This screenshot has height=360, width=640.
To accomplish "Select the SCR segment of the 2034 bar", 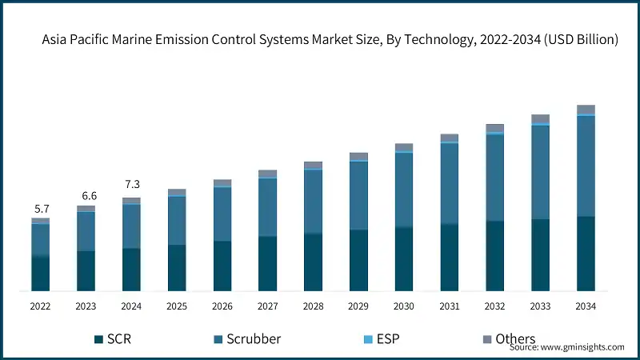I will pyautogui.click(x=586, y=253).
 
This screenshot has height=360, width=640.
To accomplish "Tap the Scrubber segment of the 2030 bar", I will pyautogui.click(x=404, y=190).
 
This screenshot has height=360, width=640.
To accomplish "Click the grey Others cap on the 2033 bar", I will pyautogui.click(x=541, y=118).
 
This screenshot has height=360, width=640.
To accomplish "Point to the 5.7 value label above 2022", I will pyautogui.click(x=40, y=209).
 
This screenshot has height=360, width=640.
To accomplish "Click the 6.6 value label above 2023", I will pyautogui.click(x=86, y=196).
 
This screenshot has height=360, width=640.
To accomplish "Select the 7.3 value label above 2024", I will pyautogui.click(x=131, y=184).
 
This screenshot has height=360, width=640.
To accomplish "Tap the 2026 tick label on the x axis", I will pyautogui.click(x=222, y=306).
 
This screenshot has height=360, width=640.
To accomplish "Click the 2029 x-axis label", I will pyautogui.click(x=358, y=306).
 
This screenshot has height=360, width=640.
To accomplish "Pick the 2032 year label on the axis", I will pyautogui.click(x=495, y=306).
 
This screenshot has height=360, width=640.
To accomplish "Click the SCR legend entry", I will pyautogui.click(x=113, y=339).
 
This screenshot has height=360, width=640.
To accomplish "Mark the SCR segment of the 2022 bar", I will pyautogui.click(x=40, y=273).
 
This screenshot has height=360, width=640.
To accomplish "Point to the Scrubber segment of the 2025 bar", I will pyautogui.click(x=177, y=220).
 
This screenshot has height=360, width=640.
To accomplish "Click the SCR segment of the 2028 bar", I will pyautogui.click(x=313, y=262).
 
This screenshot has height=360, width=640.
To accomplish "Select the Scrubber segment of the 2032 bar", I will pyautogui.click(x=495, y=178).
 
